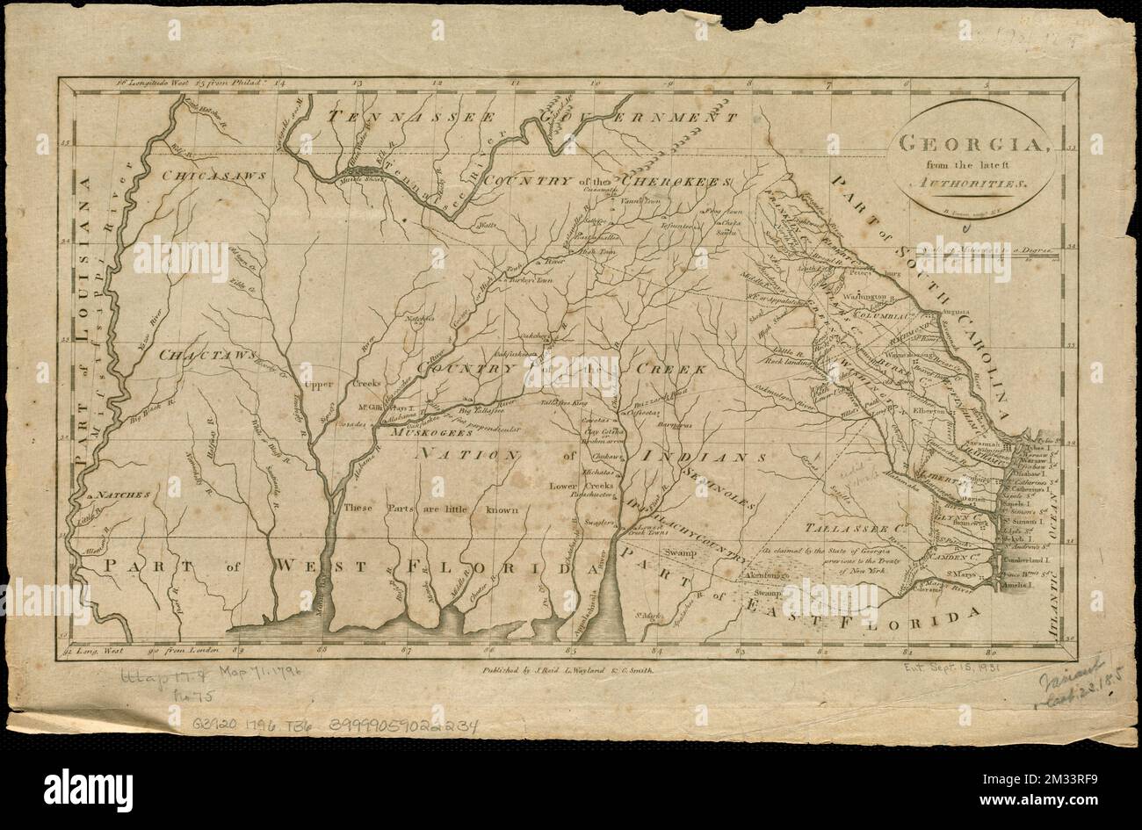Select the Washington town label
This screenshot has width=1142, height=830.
870,296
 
